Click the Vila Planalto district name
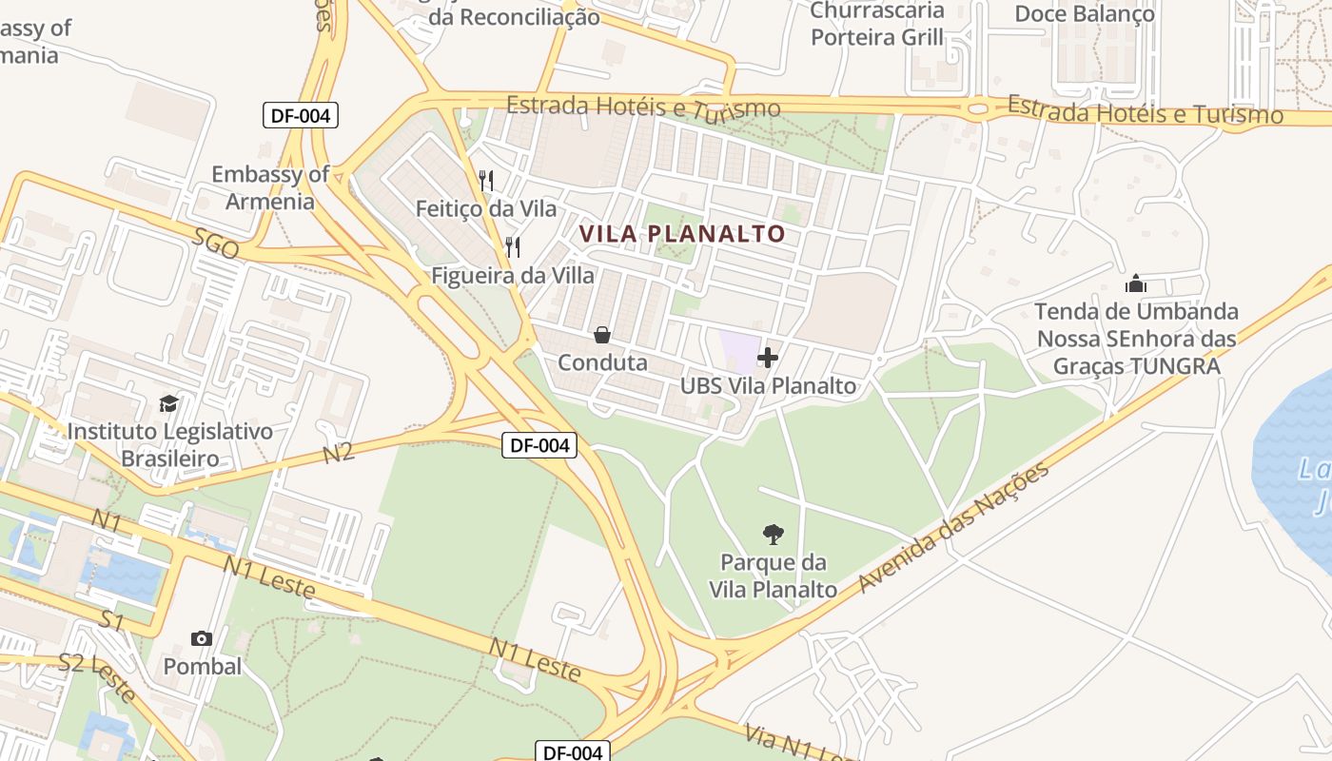tap(683, 233)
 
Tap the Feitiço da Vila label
tap(486, 207)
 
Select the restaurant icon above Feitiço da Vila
tap(486, 180)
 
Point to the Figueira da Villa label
tap(513, 276)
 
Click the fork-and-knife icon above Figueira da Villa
tap(513, 247)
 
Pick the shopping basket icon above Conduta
tap(602, 335)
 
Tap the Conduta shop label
tap(602, 362)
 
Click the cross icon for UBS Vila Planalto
tap(768, 358)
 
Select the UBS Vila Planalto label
tap(768, 386)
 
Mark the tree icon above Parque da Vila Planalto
tap(773, 534)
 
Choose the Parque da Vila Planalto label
tap(773, 576)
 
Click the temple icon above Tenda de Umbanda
tap(1136, 283)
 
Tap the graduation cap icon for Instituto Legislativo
tap(168, 403)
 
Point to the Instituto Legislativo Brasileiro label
tap(169, 445)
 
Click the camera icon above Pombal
tap(202, 638)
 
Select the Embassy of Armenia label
tap(270, 187)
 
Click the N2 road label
tap(339, 452)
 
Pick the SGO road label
tap(215, 246)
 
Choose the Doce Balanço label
tap(1085, 13)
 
